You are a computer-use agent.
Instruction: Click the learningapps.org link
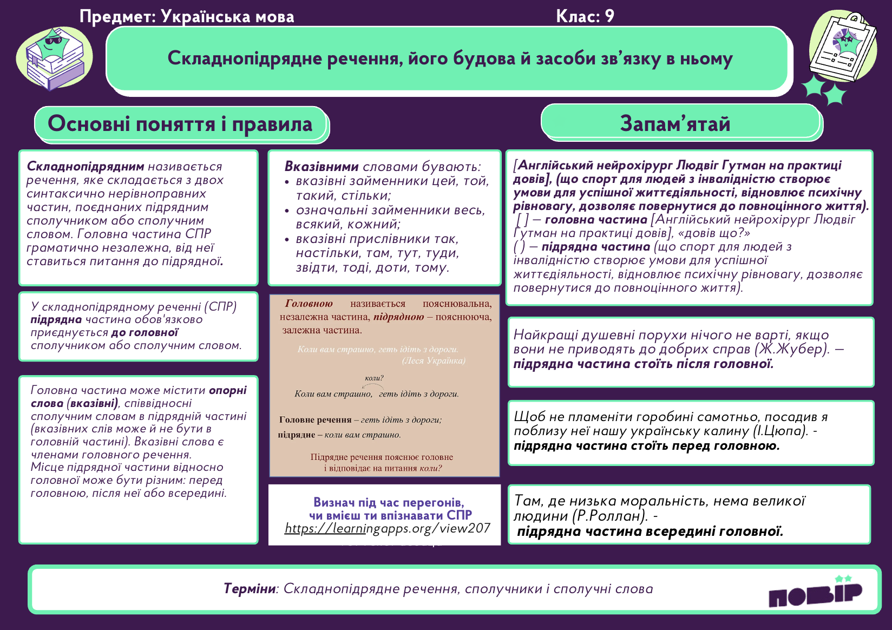point(388,528)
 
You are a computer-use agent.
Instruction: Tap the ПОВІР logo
point(815,593)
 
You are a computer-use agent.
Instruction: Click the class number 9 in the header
point(609,16)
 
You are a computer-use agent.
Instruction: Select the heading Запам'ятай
point(675,123)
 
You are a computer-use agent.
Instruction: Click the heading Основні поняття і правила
point(180,123)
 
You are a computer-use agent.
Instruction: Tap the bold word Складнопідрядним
point(86,166)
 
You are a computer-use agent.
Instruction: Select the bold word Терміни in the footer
point(250,588)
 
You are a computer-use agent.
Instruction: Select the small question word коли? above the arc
point(374,378)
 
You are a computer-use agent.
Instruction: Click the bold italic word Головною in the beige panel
point(309,304)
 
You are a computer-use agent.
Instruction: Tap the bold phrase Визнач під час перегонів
point(389,502)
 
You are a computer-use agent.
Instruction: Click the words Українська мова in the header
point(227,16)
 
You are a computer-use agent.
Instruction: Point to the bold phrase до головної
point(144,332)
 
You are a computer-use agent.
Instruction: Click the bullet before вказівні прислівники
point(287,239)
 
